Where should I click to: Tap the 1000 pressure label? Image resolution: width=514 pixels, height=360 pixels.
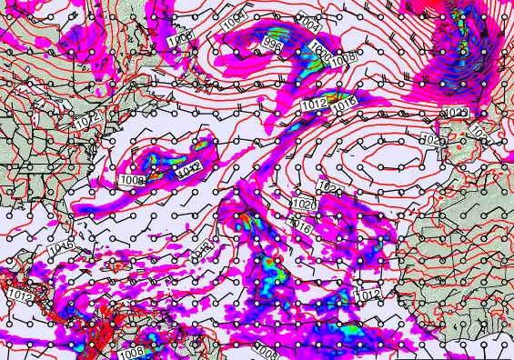tap(318, 49)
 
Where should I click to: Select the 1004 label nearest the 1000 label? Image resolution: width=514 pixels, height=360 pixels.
tap(309, 21)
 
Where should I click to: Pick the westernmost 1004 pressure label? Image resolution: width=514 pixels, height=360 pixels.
tap(235, 17)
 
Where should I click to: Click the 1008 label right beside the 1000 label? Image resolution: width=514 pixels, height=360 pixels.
tap(343, 60)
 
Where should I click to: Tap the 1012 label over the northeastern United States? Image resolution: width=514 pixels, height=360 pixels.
tap(87, 120)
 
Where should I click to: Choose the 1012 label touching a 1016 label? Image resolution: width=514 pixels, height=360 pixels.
tap(314, 105)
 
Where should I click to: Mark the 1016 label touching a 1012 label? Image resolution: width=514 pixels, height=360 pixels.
tap(343, 105)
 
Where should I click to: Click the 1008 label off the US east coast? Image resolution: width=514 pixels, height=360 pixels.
tap(132, 181)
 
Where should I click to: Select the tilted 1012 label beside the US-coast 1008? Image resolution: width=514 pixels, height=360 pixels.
tap(188, 168)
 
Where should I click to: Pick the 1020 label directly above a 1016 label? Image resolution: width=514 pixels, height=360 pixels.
tap(306, 205)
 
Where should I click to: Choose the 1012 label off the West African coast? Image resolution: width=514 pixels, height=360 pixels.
tap(368, 295)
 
